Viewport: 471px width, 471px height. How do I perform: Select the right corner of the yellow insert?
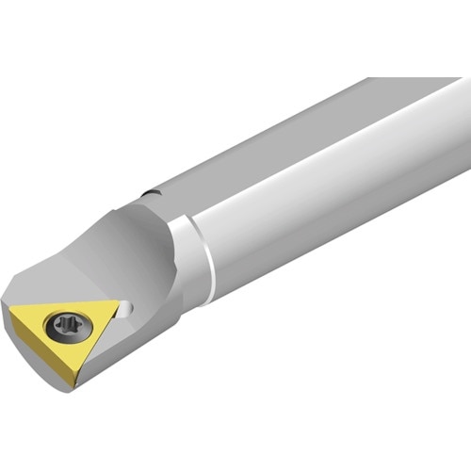[x=120, y=304]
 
